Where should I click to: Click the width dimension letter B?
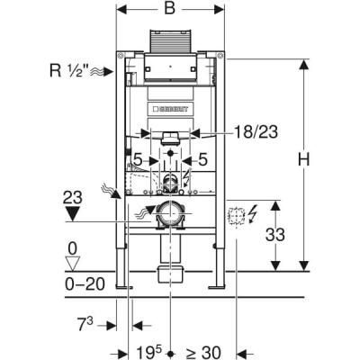point(170,8)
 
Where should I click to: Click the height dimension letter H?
point(303,159)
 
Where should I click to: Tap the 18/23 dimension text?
point(256,132)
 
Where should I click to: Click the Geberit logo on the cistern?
point(170,109)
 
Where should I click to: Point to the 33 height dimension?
point(275,234)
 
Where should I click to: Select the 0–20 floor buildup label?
point(85,283)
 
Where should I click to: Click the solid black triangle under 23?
point(73,214)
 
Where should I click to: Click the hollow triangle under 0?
point(73,263)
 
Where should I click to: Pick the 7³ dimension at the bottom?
point(85,325)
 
